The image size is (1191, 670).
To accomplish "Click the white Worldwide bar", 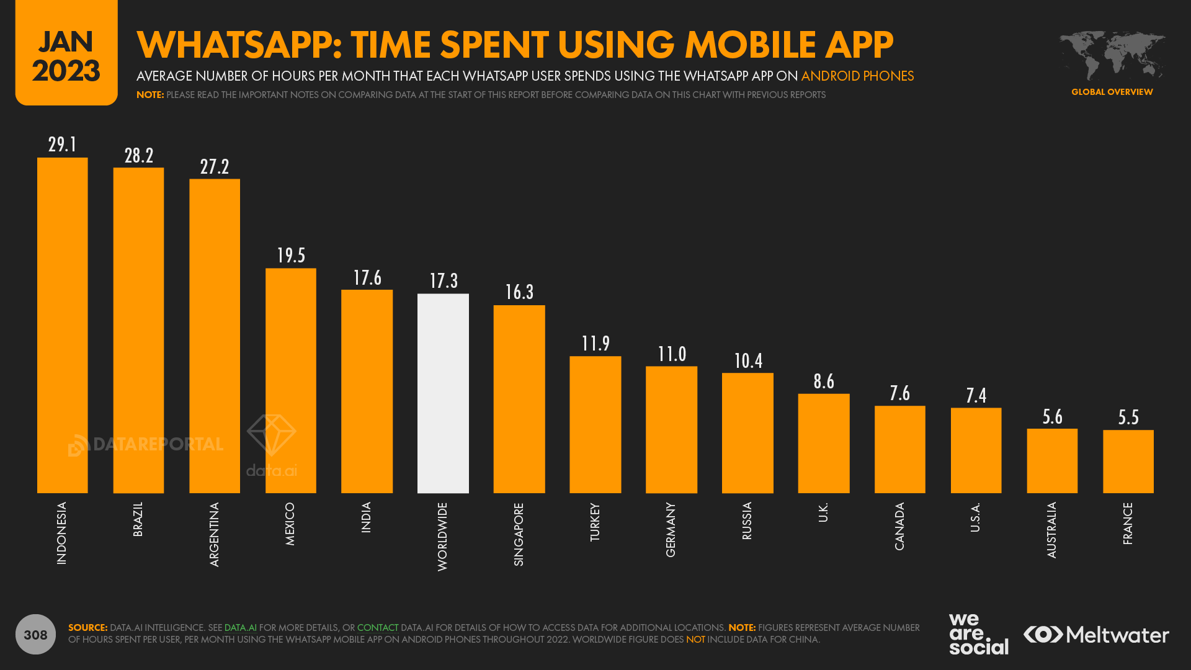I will click(443, 393).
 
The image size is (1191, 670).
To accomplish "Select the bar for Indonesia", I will click(62, 325).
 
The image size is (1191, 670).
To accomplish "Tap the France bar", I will click(1128, 462).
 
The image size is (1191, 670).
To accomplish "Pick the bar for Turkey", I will click(595, 424).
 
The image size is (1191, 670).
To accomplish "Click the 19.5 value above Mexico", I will click(291, 256).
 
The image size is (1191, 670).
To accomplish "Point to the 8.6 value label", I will click(824, 382).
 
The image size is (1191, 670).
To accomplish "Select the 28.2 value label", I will click(138, 156).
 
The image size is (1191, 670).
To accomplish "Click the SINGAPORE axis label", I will click(519, 534).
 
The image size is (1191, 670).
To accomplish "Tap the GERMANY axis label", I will click(671, 529).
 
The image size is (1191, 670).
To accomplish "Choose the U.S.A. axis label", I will click(975, 517).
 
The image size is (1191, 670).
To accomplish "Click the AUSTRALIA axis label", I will click(1051, 530).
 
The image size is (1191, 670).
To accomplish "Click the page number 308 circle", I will click(35, 634).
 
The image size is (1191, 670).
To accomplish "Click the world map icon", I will click(1112, 56).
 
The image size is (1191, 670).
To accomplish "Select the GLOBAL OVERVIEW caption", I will click(1112, 92).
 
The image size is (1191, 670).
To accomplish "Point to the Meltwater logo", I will click(1096, 635).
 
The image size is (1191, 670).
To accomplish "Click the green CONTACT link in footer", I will click(377, 628).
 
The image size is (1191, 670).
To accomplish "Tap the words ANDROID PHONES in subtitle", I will click(857, 76).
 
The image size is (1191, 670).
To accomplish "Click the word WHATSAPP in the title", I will click(239, 45).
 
